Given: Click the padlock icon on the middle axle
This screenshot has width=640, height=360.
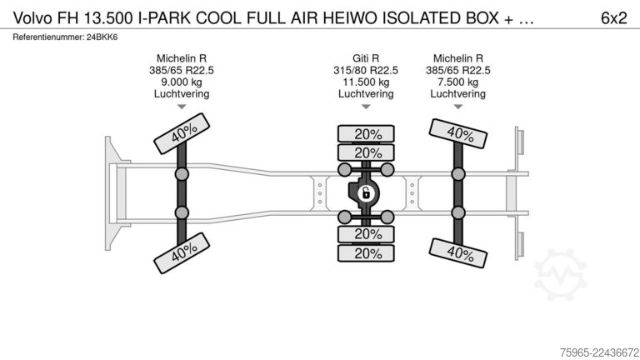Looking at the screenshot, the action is click(366, 193).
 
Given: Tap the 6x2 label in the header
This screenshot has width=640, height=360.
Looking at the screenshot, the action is click(613, 18).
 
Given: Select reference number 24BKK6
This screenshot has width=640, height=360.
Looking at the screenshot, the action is click(102, 37).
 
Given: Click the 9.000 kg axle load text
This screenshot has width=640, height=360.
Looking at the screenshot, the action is click(182, 82).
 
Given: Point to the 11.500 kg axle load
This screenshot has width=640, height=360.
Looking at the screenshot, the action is click(366, 82).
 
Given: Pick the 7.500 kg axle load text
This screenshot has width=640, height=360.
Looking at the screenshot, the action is click(458, 82).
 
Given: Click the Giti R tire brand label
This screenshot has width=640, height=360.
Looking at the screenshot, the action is click(366, 58).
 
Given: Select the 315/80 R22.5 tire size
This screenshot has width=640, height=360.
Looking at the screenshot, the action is click(366, 70).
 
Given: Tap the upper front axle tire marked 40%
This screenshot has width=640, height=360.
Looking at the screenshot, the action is click(182, 133).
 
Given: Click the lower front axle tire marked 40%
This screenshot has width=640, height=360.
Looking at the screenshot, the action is click(182, 253).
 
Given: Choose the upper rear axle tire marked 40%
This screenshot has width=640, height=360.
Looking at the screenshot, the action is click(458, 133).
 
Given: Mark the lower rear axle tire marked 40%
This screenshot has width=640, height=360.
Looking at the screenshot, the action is click(458, 253).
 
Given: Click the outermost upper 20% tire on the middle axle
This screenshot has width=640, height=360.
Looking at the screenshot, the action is click(366, 134).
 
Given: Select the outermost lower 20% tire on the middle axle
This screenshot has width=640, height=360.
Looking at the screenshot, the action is click(366, 253).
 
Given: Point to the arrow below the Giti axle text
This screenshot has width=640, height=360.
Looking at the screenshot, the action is click(366, 107).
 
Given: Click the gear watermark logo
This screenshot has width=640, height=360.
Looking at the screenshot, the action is click(560, 274).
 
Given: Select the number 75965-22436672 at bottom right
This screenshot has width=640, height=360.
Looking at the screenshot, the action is click(599, 352).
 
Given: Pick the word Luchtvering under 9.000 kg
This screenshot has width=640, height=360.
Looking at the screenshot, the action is click(182, 94).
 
